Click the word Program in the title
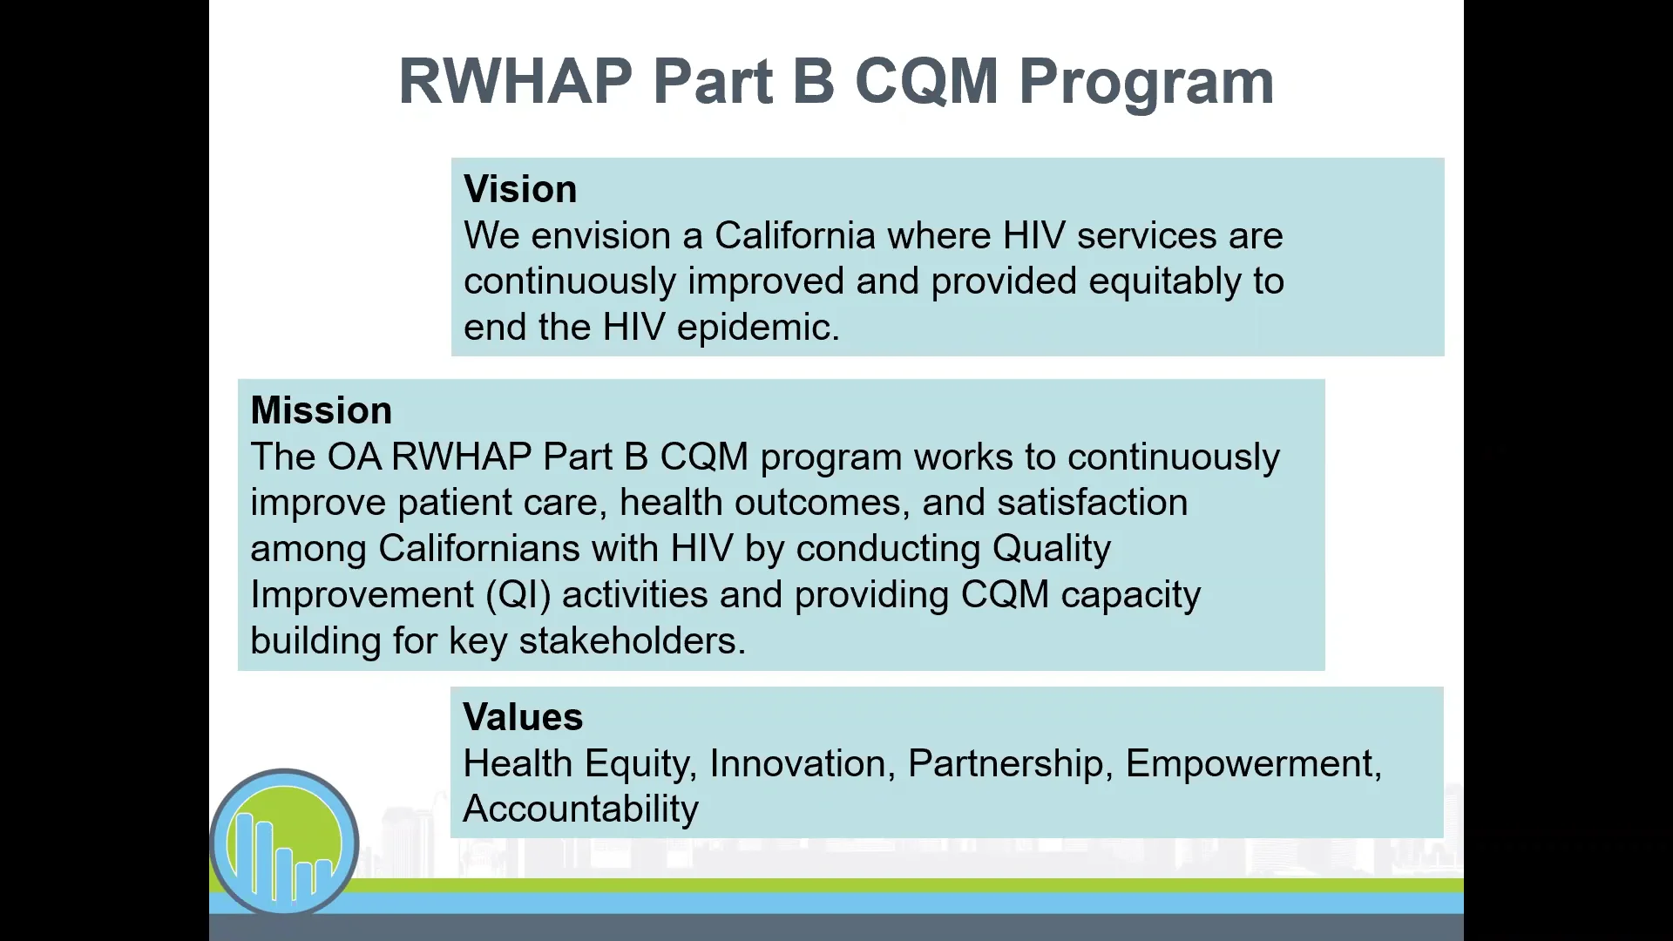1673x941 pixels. click(1146, 83)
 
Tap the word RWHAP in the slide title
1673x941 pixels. click(515, 81)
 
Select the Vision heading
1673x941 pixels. click(520, 189)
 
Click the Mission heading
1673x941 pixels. click(321, 410)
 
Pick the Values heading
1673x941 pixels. click(523, 717)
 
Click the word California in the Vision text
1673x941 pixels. click(795, 236)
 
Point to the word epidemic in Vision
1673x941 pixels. click(757, 328)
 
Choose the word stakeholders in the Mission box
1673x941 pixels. click(632, 641)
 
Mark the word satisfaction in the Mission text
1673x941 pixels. click(1092, 503)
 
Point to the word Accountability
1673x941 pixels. click(580, 809)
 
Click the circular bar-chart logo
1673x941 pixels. click(284, 842)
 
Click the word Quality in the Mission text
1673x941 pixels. click(1051, 549)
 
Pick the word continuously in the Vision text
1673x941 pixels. click(570, 282)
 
